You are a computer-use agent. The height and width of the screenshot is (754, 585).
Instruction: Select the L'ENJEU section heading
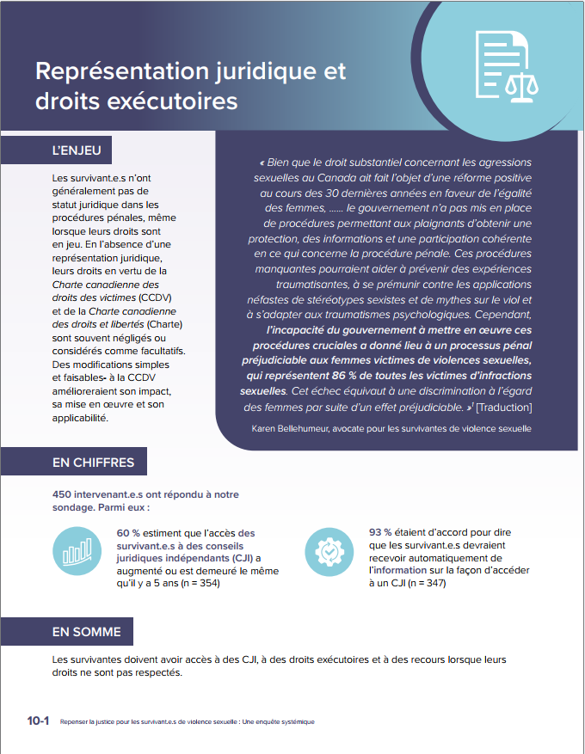tap(77, 150)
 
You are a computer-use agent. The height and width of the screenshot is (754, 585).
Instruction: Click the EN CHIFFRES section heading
tap(93, 463)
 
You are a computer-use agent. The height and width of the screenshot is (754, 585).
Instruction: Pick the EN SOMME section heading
tap(86, 632)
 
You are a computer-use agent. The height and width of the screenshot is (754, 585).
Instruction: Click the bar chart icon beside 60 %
tap(76, 549)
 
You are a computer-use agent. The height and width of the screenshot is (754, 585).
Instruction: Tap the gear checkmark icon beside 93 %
tap(329, 549)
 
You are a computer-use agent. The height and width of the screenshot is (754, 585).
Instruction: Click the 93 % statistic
tap(381, 532)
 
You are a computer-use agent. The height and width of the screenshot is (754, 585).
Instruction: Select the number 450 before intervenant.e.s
tap(63, 494)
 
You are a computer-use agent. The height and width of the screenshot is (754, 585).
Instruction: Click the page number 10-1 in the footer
tap(38, 721)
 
